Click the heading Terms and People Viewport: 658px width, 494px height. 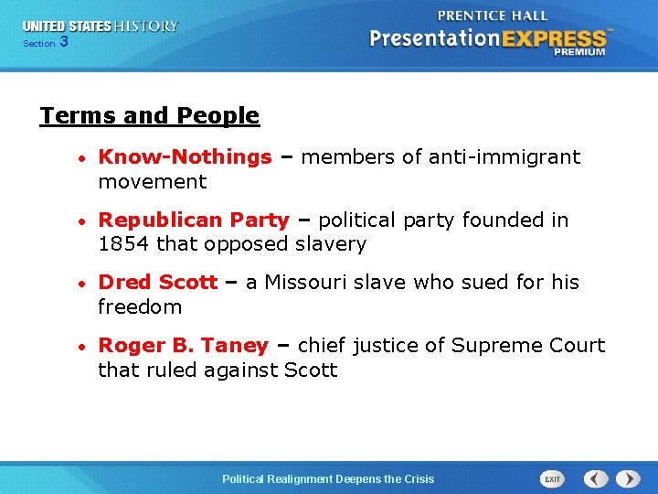pos(149,116)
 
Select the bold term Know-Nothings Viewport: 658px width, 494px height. pos(185,157)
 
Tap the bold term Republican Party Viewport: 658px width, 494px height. pos(193,220)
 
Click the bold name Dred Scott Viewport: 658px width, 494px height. pos(157,283)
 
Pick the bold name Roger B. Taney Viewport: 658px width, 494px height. pos(183,346)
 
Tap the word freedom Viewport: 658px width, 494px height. pos(139,307)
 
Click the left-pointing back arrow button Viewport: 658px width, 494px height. pos(596,478)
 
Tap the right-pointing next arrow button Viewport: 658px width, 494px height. pos(628,478)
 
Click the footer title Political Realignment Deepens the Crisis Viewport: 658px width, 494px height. pos(329,479)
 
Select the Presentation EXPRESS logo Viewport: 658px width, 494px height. pos(489,39)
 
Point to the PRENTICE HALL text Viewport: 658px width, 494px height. pos(493,16)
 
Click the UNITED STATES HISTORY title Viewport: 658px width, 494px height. pos(101,27)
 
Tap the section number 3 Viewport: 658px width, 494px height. pos(63,42)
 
